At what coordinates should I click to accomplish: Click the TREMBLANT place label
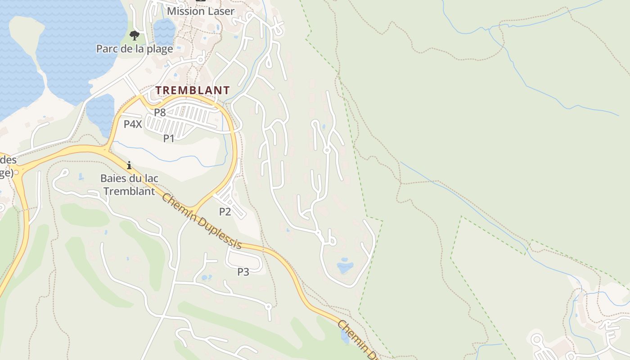[193, 90]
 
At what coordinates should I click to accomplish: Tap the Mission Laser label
[201, 11]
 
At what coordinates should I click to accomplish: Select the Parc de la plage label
[135, 49]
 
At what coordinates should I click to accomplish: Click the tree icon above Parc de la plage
[134, 36]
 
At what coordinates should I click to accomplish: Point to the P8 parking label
[160, 112]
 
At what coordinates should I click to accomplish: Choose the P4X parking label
[133, 124]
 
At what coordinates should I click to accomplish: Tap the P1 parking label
[169, 139]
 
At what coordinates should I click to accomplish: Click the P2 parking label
[225, 211]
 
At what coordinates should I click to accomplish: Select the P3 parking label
[243, 272]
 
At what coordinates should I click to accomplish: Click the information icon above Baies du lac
[129, 165]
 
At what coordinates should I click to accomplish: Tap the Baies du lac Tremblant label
[129, 184]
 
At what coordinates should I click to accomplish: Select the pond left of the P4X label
[102, 112]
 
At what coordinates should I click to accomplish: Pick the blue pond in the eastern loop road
[345, 266]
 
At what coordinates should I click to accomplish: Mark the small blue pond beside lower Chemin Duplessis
[345, 336]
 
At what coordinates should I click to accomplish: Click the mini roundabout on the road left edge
[17, 172]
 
